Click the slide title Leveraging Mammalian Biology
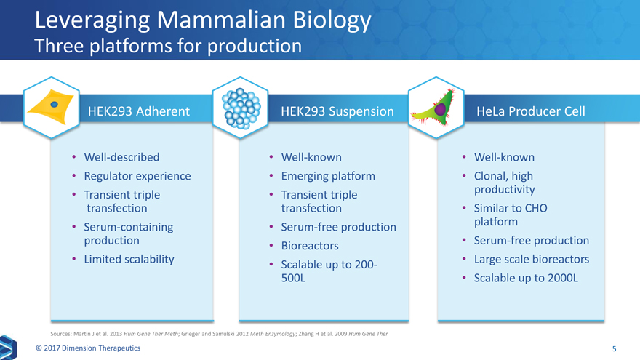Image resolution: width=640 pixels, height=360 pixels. [203, 20]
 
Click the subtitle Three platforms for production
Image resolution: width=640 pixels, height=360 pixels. [168, 46]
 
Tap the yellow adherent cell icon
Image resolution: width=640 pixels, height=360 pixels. [51, 106]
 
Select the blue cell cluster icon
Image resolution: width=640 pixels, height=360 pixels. [241, 108]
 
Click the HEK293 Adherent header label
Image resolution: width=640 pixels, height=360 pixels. [139, 111]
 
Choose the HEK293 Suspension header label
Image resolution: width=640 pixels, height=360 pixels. [337, 111]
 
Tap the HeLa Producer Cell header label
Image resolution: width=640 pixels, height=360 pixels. [531, 111]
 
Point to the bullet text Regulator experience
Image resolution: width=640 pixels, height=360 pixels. [137, 176]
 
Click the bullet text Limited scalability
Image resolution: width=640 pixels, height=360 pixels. [129, 259]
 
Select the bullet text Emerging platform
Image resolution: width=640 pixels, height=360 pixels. [328, 176]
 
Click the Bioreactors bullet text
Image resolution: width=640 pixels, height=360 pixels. [310, 246]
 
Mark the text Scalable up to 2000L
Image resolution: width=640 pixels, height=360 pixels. [526, 278]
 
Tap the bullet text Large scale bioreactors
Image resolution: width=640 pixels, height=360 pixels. [532, 259]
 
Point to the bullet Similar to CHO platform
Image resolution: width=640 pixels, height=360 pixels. [511, 215]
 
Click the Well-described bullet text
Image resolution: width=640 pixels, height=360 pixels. [121, 157]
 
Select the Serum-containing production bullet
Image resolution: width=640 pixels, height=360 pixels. [129, 233]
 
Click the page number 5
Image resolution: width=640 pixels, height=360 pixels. [614, 348]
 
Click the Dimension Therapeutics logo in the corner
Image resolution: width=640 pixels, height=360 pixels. [8, 348]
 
